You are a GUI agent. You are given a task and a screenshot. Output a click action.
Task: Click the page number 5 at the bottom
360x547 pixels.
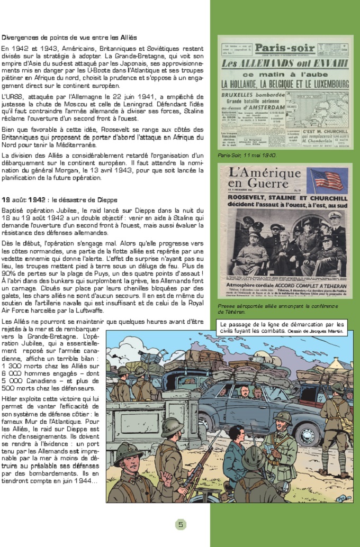pos(181,524)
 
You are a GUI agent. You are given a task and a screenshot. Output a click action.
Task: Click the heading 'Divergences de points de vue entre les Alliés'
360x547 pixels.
pos(69,38)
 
